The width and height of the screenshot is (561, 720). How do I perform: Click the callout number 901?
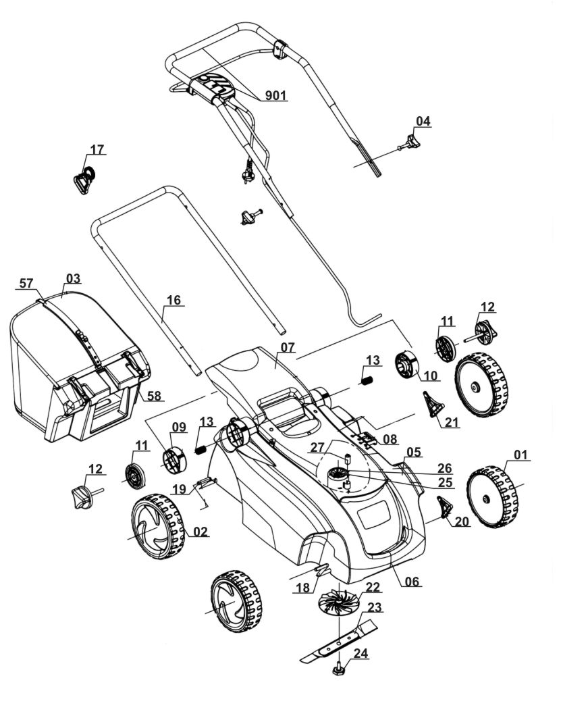pyautogui.click(x=275, y=96)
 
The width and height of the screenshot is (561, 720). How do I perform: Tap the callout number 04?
pyautogui.click(x=423, y=122)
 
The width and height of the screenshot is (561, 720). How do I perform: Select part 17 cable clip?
pyautogui.click(x=84, y=180)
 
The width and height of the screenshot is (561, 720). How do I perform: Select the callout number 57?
pyautogui.click(x=26, y=284)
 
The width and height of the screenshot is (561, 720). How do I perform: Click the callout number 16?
pyautogui.click(x=174, y=301)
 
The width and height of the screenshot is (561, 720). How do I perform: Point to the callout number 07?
pyautogui.click(x=288, y=347)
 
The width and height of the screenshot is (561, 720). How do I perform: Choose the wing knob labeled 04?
pyautogui.click(x=410, y=142)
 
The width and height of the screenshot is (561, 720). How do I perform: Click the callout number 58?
pyautogui.click(x=155, y=395)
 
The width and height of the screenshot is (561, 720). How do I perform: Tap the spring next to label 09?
pyautogui.click(x=201, y=448)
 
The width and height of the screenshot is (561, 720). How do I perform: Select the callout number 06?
pyautogui.click(x=412, y=581)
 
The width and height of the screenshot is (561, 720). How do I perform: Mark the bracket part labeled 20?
pyautogui.click(x=444, y=507)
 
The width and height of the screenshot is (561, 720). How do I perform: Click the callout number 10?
pyautogui.click(x=430, y=376)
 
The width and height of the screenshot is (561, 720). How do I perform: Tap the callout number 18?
pyautogui.click(x=302, y=588)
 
